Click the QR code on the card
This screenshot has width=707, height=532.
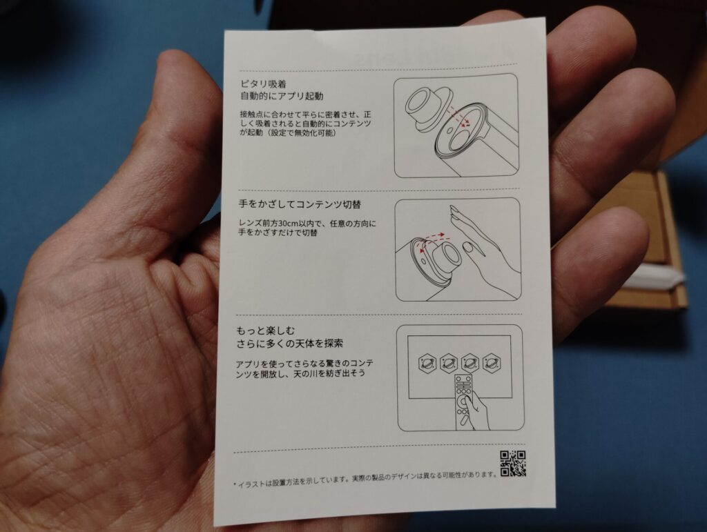pyautogui.click(x=513, y=464)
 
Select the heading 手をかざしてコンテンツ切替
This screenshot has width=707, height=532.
pyautogui.click(x=300, y=204)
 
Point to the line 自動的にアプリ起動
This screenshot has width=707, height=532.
pyautogui.click(x=282, y=96)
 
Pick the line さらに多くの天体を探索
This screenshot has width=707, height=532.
pyautogui.click(x=290, y=344)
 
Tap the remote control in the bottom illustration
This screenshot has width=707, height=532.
pyautogui.click(x=465, y=401)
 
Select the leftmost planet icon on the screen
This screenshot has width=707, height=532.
pyautogui.click(x=427, y=362)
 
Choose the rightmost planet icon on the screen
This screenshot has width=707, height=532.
pyautogui.click(x=492, y=362)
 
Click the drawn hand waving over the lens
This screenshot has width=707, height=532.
pyautogui.click(x=483, y=244)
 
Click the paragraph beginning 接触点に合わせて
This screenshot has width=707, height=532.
pyautogui.click(x=306, y=124)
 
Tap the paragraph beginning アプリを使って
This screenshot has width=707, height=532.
pyautogui.click(x=304, y=368)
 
